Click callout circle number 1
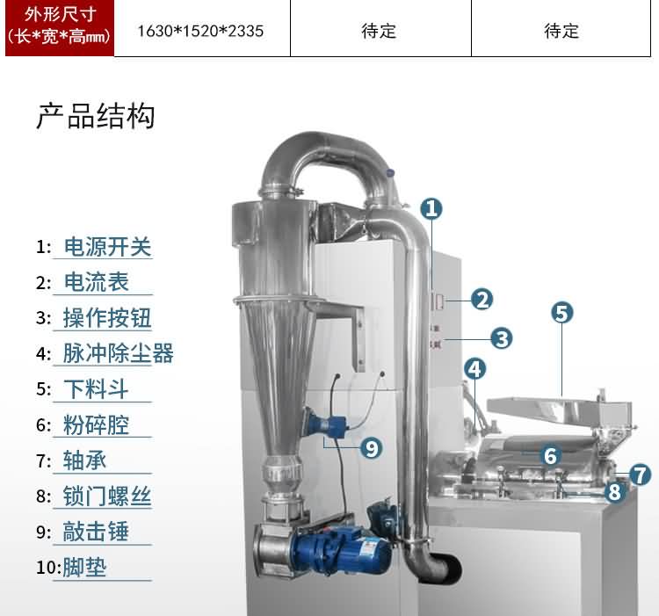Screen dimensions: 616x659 (431, 208)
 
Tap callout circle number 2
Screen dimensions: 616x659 (482, 299)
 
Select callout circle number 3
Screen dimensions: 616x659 (502, 337)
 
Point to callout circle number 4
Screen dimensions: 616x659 (474, 369)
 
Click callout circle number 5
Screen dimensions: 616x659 (562, 312)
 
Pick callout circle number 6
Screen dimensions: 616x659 (551, 456)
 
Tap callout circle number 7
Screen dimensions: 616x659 (641, 475)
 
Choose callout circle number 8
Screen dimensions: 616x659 (614, 492)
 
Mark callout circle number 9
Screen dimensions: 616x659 (372, 448)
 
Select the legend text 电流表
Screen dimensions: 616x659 (97, 283)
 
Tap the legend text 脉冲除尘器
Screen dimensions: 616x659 (118, 354)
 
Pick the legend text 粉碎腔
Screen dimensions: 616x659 (97, 425)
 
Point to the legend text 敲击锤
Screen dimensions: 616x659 (97, 532)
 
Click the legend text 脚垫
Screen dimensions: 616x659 (84, 567)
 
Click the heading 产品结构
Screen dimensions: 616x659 (96, 116)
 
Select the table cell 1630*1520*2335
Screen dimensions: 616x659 (201, 31)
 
